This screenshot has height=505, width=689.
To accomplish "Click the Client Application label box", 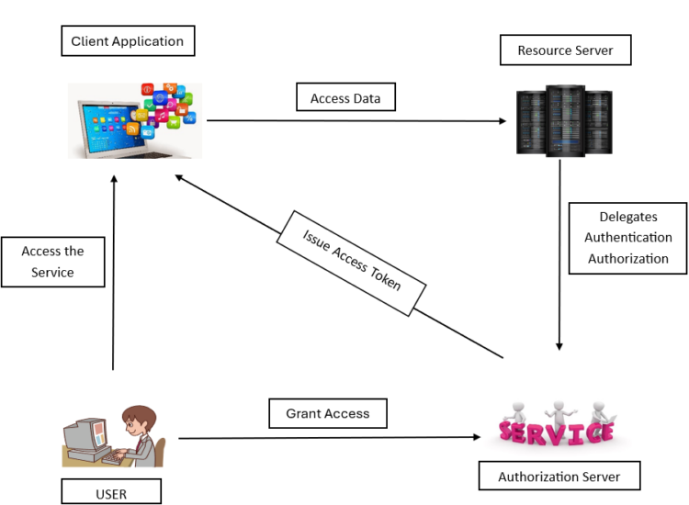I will coord(128,41).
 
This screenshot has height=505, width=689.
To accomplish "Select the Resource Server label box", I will coord(565,50).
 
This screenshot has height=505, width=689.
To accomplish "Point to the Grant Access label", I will coord(328,413).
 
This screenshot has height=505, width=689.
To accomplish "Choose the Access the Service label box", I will coord(52,262).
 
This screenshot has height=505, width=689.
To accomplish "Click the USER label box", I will coord(111,493).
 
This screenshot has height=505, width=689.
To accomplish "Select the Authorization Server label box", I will coord(559,477).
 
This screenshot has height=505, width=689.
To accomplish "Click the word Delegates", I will coord(628,218).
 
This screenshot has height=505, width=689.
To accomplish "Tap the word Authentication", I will coord(628,238).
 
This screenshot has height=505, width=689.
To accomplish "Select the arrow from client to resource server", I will coord(358,120).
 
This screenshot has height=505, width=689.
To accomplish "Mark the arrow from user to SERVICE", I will coord(331,438).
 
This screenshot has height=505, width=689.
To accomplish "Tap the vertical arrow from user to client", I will coord(113,275).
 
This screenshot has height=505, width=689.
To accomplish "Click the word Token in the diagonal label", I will coord(387,278).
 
